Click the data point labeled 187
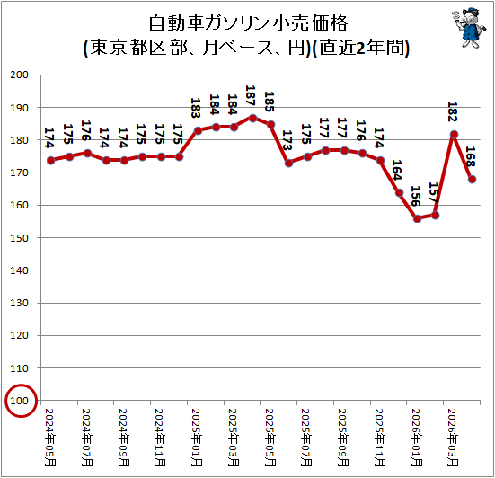pos(252,118)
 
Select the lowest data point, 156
pos(417,219)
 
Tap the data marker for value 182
pos(454,135)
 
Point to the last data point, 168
pos(472,180)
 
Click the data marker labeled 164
pos(399,193)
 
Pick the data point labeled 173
pos(288,164)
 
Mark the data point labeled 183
pos(198,130)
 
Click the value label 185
pos(269,102)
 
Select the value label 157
pos(433,192)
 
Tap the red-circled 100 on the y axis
pos(20,401)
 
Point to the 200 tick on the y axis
pos(20,75)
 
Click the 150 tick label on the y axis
pos(20,238)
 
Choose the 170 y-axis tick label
pos(20,173)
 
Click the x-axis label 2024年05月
pos(50,438)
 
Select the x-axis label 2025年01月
pos(197,438)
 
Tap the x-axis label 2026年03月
pos(453,438)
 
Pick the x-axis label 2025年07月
pos(306,438)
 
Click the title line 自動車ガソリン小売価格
pos(248,22)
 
